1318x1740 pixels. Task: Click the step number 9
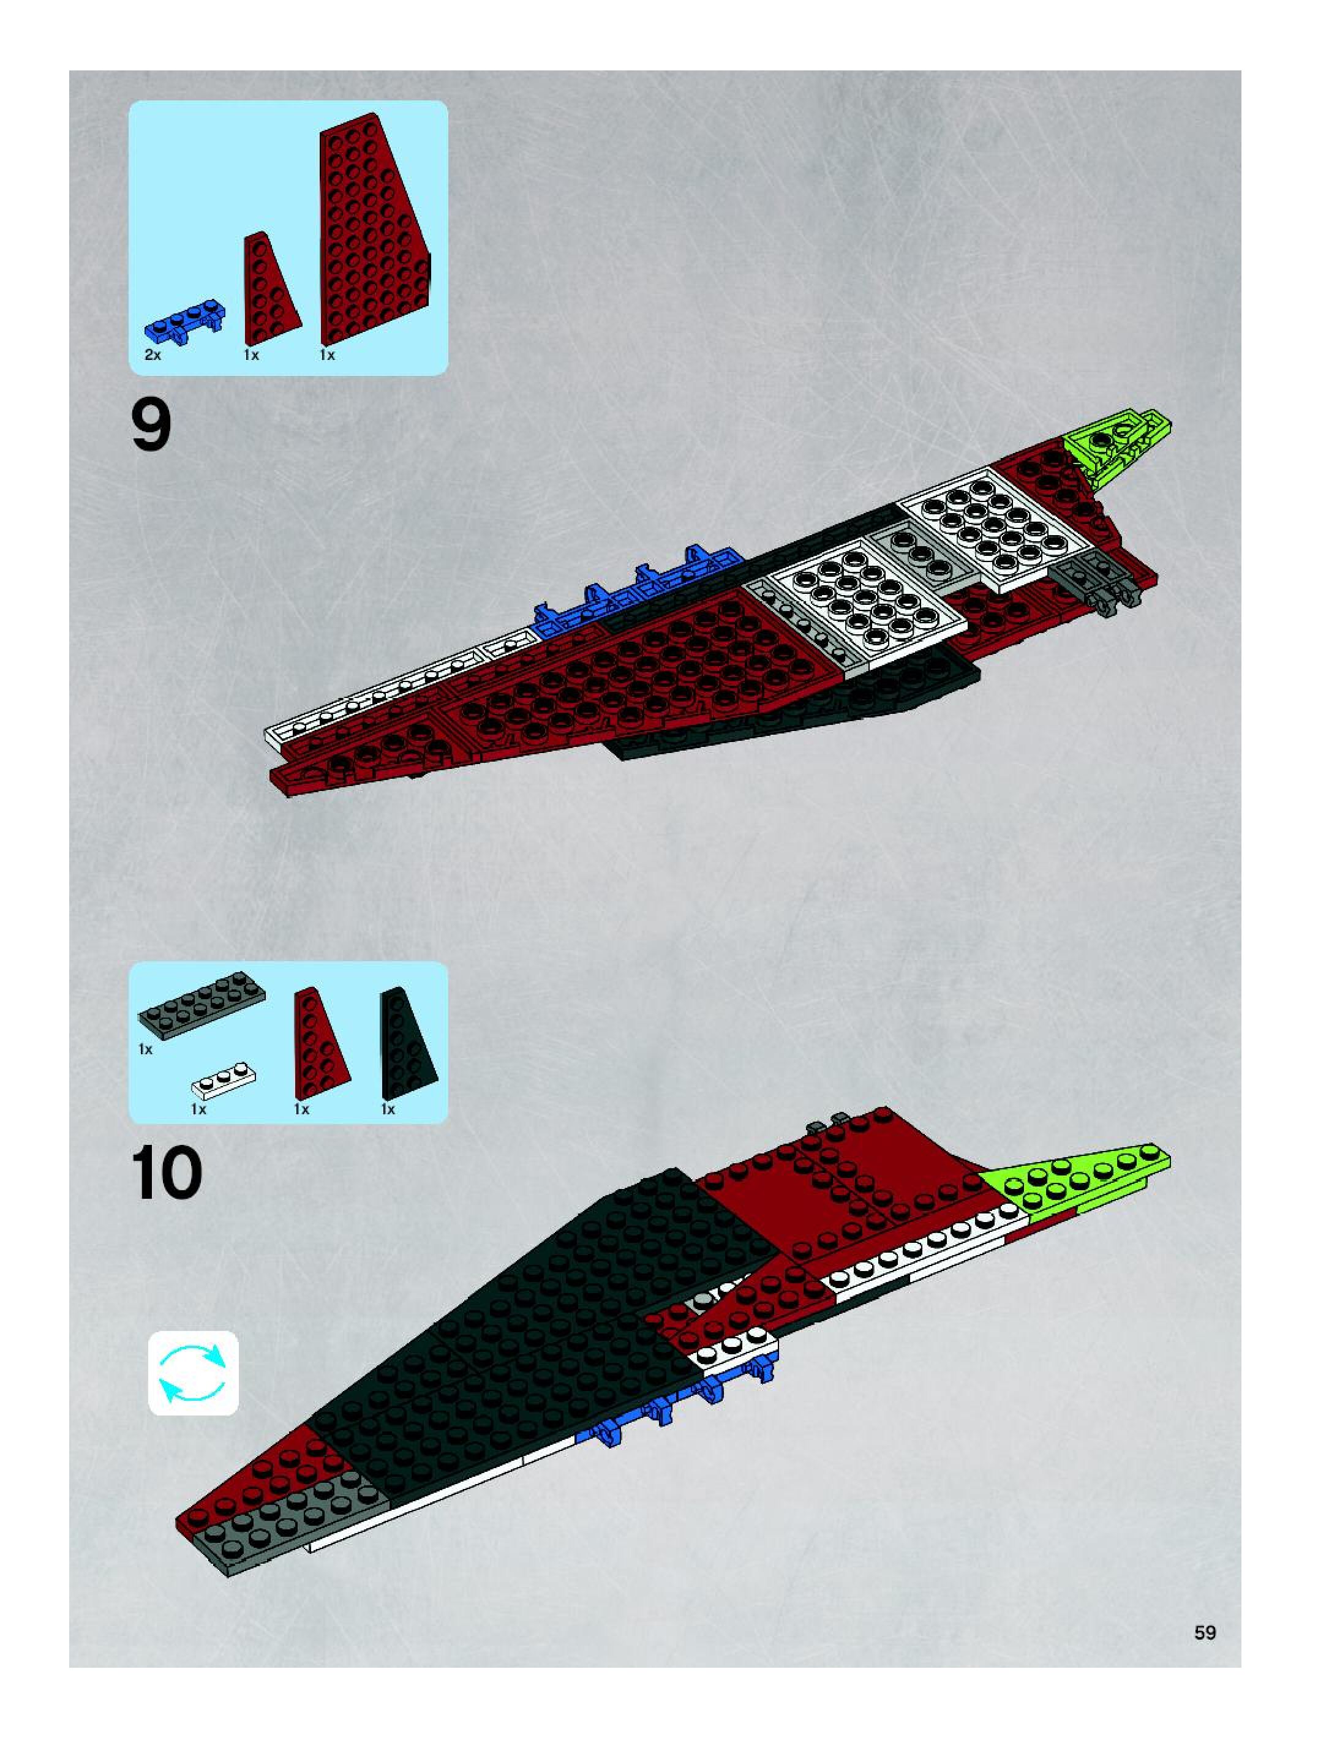pos(151,426)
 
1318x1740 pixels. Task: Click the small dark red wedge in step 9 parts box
pos(271,290)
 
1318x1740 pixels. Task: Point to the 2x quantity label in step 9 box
pos(153,354)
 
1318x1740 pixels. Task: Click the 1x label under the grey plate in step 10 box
pos(146,1049)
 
